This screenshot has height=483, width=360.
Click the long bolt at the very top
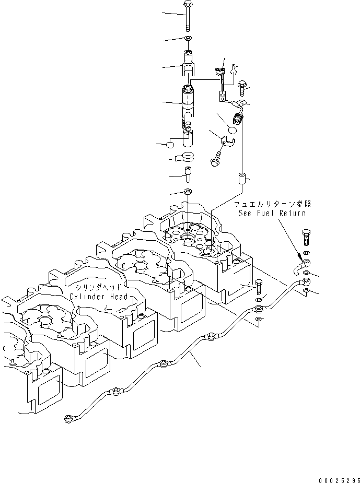tap(188, 16)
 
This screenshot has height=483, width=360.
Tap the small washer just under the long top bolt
tap(188, 39)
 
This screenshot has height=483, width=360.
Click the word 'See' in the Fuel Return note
tap(245, 213)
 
